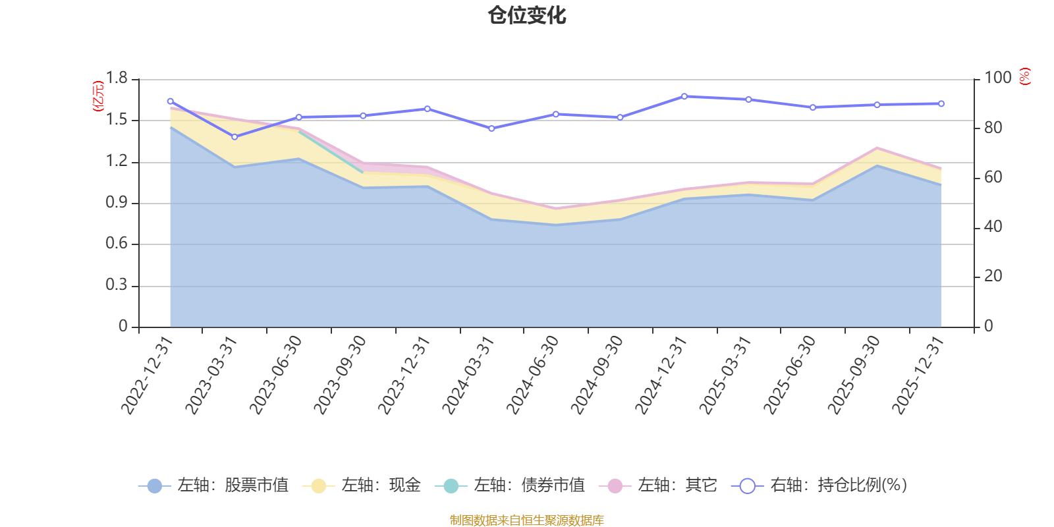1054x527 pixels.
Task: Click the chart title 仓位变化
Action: [527, 15]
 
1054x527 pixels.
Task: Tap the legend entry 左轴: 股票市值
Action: [213, 486]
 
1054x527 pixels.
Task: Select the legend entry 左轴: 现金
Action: [362, 486]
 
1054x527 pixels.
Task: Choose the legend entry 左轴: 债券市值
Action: [510, 486]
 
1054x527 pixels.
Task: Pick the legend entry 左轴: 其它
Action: [658, 486]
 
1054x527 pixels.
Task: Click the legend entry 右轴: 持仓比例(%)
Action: [819, 486]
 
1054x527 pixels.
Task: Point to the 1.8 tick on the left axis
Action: [117, 78]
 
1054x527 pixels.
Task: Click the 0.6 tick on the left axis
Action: [117, 244]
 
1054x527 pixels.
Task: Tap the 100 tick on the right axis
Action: [997, 78]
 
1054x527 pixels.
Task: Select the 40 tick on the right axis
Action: [993, 227]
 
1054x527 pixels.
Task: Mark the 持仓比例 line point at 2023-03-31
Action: [235, 137]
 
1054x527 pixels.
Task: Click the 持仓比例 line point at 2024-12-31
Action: [684, 96]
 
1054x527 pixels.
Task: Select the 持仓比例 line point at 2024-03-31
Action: [491, 128]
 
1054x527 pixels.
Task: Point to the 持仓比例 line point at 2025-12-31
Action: [941, 103]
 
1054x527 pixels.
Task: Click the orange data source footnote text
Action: [527, 520]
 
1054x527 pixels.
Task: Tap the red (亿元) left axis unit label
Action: [97, 96]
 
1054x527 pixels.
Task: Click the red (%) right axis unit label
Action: [1024, 76]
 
